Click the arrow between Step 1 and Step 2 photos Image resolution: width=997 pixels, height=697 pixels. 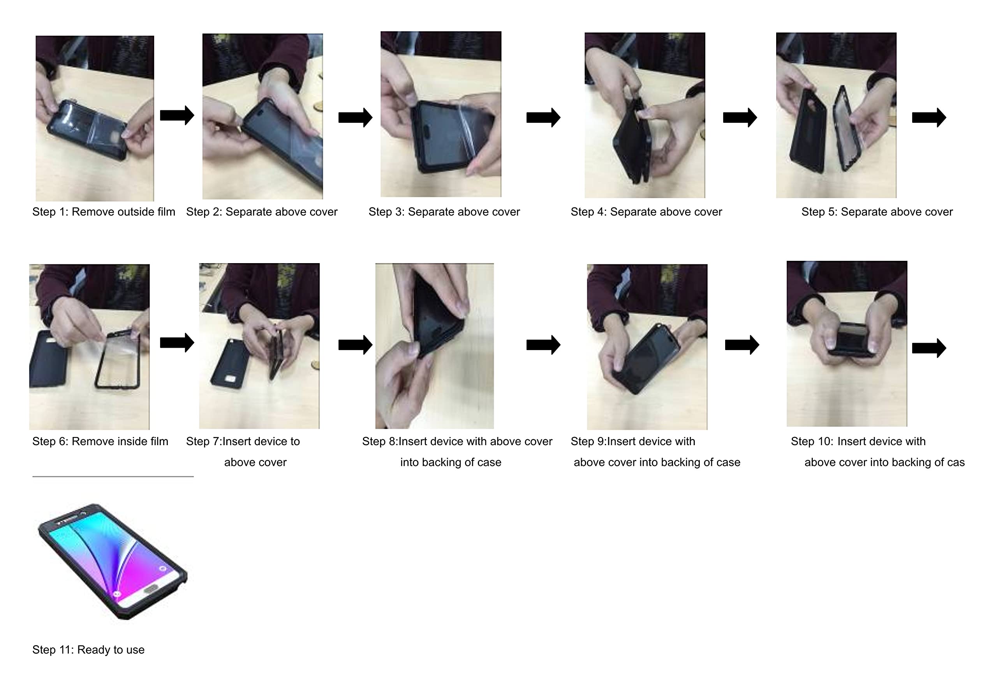[x=177, y=115]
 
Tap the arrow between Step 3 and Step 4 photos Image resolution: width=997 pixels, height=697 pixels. [x=543, y=117]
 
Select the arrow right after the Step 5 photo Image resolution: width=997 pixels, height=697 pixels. [x=929, y=117]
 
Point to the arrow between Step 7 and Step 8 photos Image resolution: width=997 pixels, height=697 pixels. [x=355, y=345]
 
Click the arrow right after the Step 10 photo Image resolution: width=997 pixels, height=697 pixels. [x=929, y=348]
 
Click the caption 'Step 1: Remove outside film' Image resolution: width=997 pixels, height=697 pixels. [x=103, y=212]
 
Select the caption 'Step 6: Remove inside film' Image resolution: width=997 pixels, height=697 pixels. [x=100, y=442]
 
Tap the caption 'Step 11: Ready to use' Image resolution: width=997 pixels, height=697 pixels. [x=88, y=649]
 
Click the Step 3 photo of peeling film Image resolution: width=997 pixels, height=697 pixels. [x=441, y=114]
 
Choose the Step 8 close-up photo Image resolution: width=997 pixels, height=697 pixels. [x=434, y=346]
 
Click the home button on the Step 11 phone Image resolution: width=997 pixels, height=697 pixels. [x=151, y=588]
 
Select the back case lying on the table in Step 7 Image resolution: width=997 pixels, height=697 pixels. [x=230, y=363]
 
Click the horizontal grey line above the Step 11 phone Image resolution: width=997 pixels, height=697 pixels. [x=113, y=477]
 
